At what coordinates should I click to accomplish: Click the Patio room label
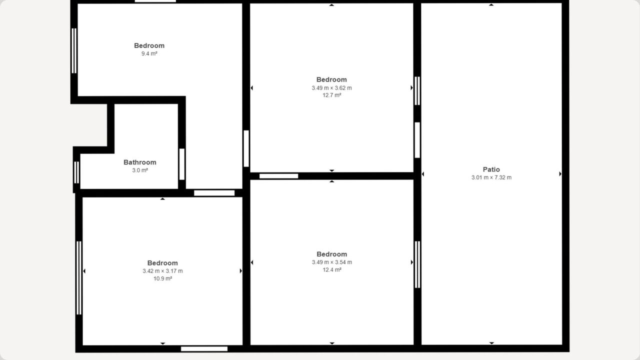491,169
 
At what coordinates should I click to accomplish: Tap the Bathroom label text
140,162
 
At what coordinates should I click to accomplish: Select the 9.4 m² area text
149,53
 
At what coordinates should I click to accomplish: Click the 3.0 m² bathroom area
140,170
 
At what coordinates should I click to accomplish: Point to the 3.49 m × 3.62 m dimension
331,88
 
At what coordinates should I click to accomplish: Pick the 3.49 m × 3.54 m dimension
331,262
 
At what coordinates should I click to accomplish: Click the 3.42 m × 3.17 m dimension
162,271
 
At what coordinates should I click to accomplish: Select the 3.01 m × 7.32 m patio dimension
491,177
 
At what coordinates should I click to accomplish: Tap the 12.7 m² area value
331,95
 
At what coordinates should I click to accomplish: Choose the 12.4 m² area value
331,269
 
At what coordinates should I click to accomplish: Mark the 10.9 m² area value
162,278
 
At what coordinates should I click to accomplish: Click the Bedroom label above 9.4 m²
149,45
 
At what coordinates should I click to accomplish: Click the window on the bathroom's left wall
76,172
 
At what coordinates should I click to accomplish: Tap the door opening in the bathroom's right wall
181,164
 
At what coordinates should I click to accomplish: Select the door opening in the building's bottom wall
204,349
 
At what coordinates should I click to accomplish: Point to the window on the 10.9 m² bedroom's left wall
79,278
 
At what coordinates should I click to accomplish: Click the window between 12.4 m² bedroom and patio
417,264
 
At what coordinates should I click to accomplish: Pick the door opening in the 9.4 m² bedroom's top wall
155,1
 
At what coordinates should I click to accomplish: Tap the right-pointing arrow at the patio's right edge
560,173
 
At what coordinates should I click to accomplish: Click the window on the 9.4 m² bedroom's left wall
74,51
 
